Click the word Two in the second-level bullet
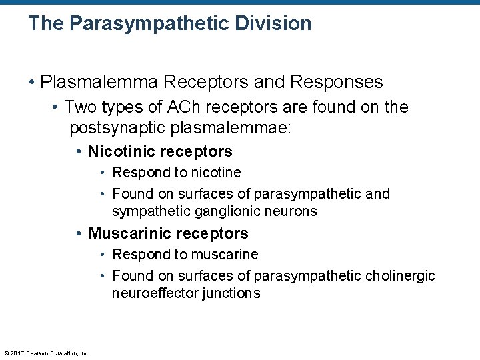point(80,107)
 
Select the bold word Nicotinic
point(120,151)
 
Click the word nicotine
point(216,173)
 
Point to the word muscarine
point(225,255)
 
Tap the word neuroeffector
point(151,293)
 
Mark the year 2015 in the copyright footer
point(17,353)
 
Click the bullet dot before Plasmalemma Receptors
point(32,83)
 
